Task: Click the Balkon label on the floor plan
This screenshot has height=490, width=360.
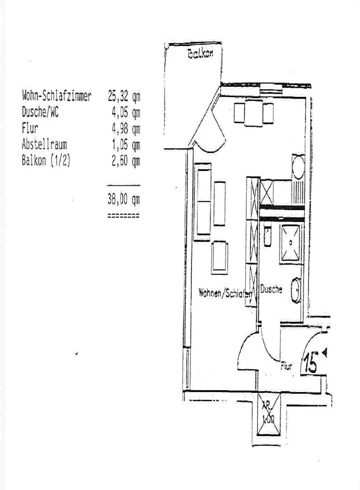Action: click(200, 54)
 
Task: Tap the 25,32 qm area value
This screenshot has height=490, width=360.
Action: click(124, 96)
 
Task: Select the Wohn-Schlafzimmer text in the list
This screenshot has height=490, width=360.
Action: click(56, 96)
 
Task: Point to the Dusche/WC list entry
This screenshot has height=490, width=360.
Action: click(40, 112)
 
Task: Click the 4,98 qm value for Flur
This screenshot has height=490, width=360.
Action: click(126, 129)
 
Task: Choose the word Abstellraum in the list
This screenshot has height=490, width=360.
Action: click(44, 145)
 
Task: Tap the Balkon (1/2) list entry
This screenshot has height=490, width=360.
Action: click(46, 161)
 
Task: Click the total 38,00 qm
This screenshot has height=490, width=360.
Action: click(124, 199)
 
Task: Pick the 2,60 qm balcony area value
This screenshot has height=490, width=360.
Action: click(126, 161)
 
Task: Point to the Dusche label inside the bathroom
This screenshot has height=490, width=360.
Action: click(271, 290)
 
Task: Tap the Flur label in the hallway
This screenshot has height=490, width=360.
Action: click(286, 366)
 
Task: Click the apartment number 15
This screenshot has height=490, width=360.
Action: click(310, 363)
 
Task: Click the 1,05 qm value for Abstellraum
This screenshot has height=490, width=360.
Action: click(126, 145)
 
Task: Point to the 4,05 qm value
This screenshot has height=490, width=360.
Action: click(126, 112)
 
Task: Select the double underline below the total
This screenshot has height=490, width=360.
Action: click(123, 215)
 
